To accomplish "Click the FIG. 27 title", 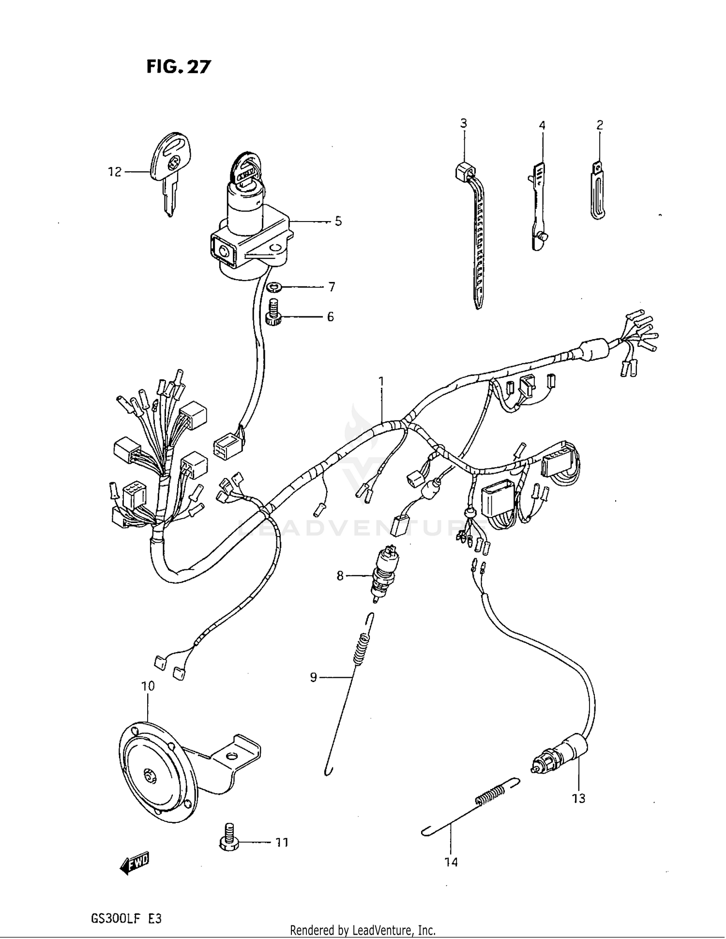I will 179,67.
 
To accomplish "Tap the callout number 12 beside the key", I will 115,172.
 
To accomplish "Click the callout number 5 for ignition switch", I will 338,221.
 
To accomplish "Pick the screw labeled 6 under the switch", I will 274,314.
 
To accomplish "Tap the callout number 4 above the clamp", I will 542,126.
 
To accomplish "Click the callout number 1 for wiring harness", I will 381,382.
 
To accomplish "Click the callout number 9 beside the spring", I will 313,678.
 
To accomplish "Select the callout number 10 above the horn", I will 148,686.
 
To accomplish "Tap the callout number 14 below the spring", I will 451,862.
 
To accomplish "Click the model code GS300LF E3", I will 126,918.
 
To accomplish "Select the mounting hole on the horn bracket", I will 232,757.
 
